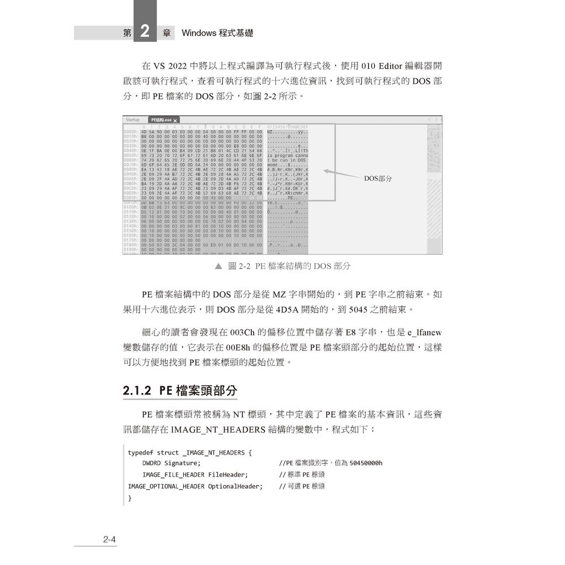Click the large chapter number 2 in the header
point(145,31)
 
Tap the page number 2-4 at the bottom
point(109,540)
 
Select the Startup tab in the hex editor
point(133,120)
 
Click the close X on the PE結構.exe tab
point(175,120)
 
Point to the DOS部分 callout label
point(378,179)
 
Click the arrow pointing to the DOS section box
point(342,174)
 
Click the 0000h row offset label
point(130,132)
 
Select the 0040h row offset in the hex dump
point(130,151)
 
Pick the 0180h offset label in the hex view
point(130,244)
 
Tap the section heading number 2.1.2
point(137,391)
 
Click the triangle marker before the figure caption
point(218,266)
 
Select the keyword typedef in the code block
point(141,452)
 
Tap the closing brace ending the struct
point(130,498)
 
